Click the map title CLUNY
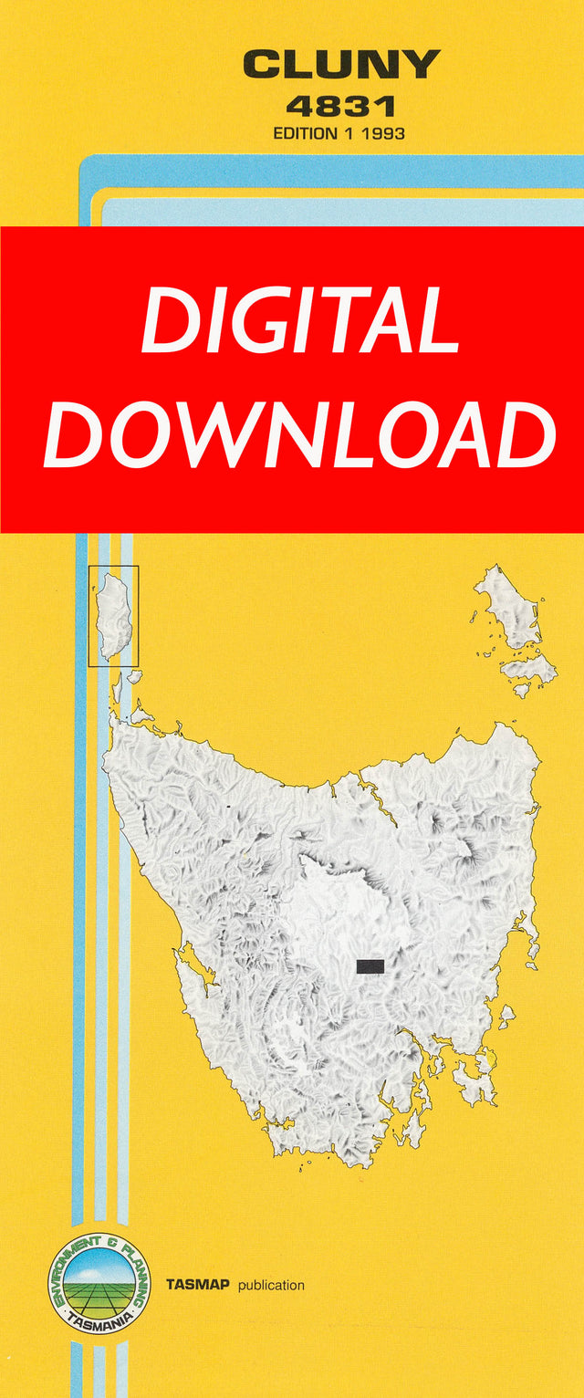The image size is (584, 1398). tap(341, 66)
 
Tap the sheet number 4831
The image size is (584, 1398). tap(341, 107)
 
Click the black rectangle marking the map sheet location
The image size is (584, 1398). tap(370, 965)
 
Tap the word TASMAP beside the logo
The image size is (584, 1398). tap(198, 1285)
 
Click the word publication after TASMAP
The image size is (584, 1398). tap(271, 1285)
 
